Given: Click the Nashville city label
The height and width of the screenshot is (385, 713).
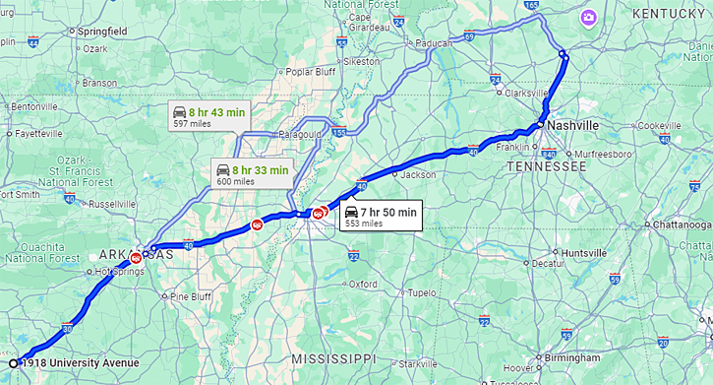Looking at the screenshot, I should (573, 126).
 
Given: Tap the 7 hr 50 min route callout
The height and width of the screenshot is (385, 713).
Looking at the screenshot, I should (381, 217).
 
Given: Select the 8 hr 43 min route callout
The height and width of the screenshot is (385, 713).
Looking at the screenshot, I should (208, 117).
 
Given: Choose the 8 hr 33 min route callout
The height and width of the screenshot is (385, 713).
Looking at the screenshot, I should (253, 174).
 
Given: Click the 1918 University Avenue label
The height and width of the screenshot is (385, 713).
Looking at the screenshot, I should (80, 363).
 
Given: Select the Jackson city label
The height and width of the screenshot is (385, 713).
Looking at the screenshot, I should (418, 174).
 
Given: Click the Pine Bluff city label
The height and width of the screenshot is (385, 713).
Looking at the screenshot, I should (191, 296).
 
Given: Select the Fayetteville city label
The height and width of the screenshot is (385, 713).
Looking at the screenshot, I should (38, 133).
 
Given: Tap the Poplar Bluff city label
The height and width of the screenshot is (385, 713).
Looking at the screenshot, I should (312, 71).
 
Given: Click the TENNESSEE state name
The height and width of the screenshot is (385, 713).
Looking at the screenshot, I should (546, 167).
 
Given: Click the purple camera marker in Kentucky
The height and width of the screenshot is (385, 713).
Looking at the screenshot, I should (588, 17).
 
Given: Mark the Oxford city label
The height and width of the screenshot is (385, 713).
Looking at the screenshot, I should (363, 284).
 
